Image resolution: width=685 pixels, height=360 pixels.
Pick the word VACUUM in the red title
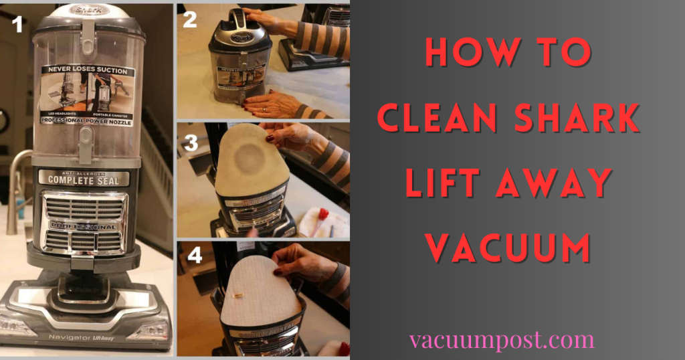click(x=508, y=248)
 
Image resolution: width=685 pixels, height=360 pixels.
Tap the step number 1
click(x=17, y=25)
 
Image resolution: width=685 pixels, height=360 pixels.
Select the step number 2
click(x=190, y=19)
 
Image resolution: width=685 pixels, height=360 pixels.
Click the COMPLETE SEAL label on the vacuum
click(x=84, y=179)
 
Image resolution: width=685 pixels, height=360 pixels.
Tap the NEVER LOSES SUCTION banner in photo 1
click(x=87, y=69)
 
